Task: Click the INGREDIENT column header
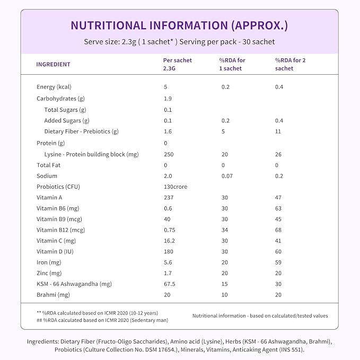[x=53, y=64]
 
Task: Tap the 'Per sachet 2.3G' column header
[x=177, y=64]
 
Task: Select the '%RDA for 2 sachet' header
[x=290, y=64]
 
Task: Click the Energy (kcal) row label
[x=54, y=87]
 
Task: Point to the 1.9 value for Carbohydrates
[x=168, y=99]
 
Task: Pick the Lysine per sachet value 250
[x=169, y=154]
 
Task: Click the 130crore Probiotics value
[x=175, y=187]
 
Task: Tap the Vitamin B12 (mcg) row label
[x=60, y=230]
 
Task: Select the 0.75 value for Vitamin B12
[x=170, y=230]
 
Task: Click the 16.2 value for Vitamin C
[x=169, y=241]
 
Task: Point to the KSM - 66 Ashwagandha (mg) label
[x=74, y=284]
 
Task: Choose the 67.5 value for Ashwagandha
[x=170, y=284]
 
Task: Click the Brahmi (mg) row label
[x=53, y=295]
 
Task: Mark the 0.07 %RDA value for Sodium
[x=227, y=176]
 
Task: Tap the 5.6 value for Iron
[x=168, y=262]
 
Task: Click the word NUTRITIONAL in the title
[x=108, y=25]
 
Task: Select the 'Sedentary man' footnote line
[x=102, y=320]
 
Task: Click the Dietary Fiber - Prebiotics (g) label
[x=81, y=131]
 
